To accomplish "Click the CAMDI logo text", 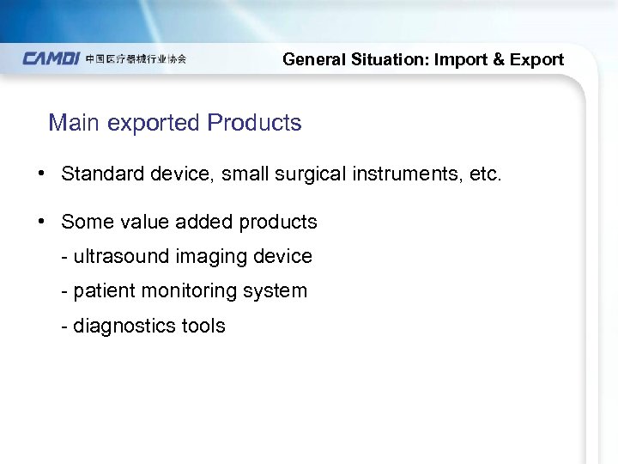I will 51,59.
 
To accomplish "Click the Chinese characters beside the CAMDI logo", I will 136,59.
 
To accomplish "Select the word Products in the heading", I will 254,123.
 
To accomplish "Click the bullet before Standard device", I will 41,174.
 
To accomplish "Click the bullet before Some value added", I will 41,222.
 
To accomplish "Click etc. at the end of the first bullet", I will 484,174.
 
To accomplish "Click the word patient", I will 105,291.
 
